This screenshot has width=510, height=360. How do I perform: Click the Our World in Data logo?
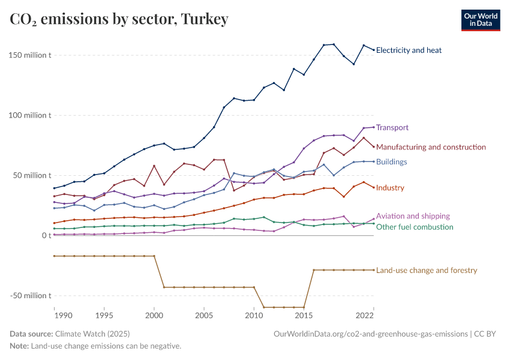(x=480, y=20)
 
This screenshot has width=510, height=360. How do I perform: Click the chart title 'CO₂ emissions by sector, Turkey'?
(x=119, y=20)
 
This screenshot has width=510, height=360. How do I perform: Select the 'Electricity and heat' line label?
(x=409, y=50)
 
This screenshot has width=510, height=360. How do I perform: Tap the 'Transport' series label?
(x=392, y=127)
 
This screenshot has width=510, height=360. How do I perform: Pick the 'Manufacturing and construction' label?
(x=431, y=147)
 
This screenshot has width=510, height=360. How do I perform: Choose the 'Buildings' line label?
(x=391, y=161)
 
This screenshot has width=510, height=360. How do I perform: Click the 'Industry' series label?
(x=390, y=188)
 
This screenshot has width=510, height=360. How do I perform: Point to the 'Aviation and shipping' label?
(x=413, y=216)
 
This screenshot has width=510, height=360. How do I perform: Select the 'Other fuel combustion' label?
(x=415, y=227)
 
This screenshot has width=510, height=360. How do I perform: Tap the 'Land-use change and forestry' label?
(x=427, y=270)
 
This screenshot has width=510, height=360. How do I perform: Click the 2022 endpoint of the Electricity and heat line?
(x=373, y=50)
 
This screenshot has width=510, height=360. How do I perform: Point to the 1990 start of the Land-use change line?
(x=55, y=256)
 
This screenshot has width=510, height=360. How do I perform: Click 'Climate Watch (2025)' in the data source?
(x=92, y=334)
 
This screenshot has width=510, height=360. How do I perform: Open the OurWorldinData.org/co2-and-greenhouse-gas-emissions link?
(x=370, y=334)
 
